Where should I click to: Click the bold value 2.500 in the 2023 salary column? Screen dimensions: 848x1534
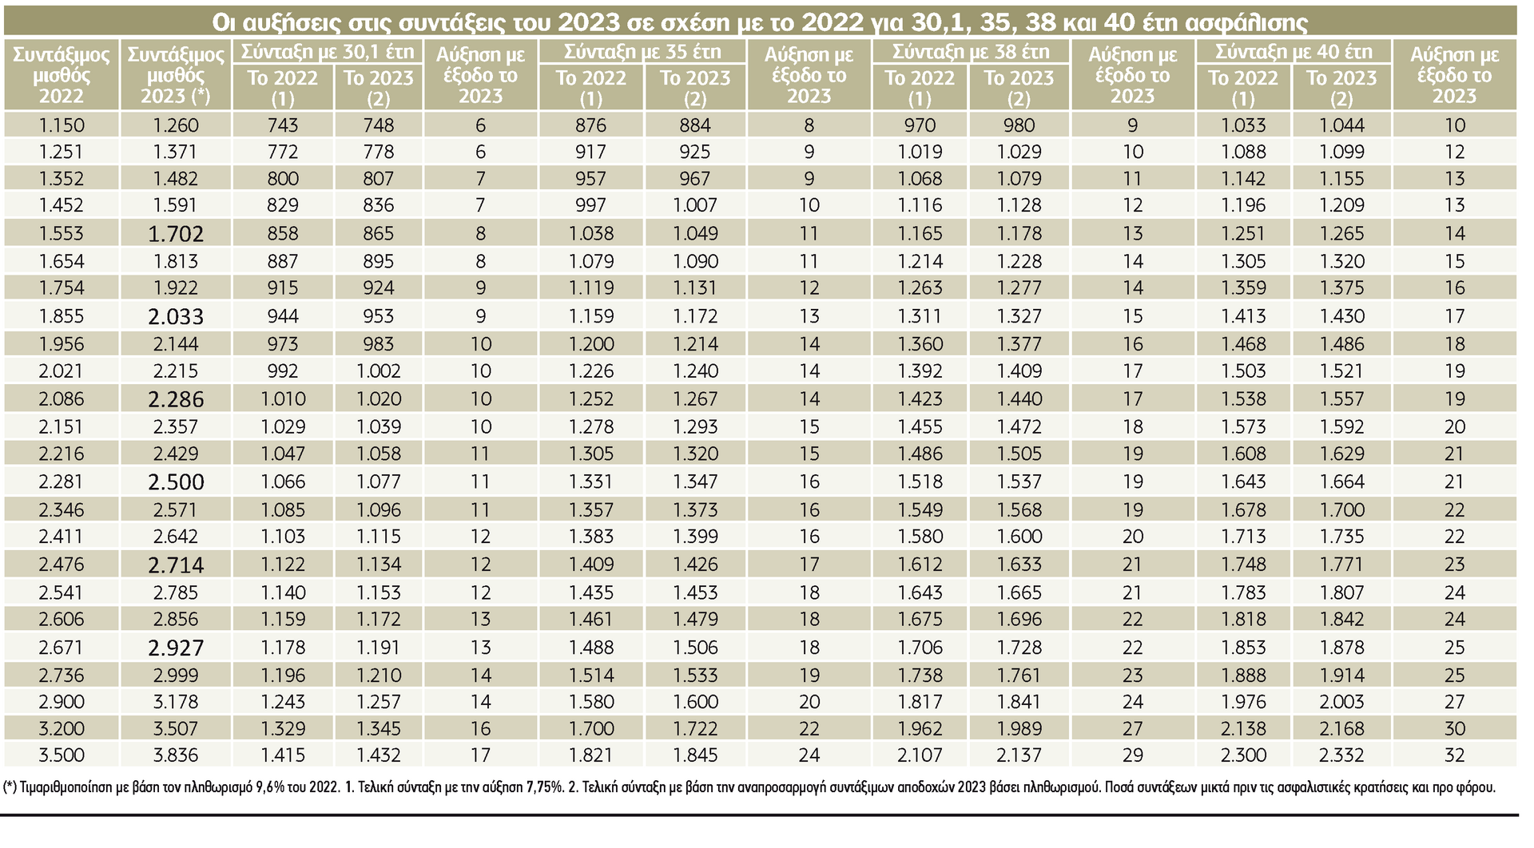[x=176, y=482]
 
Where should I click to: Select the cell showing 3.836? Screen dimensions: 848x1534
[x=176, y=755]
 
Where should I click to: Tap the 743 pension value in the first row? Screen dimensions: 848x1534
[x=283, y=125]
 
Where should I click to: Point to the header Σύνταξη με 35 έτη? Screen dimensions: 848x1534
[x=642, y=52]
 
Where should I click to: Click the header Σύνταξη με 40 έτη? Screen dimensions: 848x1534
[x=1294, y=52]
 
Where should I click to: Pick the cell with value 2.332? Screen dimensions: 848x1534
[x=1341, y=755]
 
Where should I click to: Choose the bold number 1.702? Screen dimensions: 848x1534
[x=176, y=234]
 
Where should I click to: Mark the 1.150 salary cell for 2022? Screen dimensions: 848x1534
[x=61, y=125]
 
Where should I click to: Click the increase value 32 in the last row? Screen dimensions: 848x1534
[x=1454, y=755]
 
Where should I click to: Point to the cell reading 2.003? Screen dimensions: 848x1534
[x=1341, y=702]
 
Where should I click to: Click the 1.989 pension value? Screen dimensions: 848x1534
[x=1019, y=729]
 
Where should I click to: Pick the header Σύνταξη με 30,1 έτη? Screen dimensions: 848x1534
[x=328, y=52]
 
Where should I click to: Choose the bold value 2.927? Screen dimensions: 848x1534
[x=176, y=648]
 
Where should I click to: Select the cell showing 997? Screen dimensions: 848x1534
[x=590, y=205]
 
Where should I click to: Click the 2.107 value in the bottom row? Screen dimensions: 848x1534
[x=920, y=755]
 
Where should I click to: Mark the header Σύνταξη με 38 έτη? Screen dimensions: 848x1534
[x=971, y=52]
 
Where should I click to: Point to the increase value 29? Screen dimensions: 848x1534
[x=1132, y=755]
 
